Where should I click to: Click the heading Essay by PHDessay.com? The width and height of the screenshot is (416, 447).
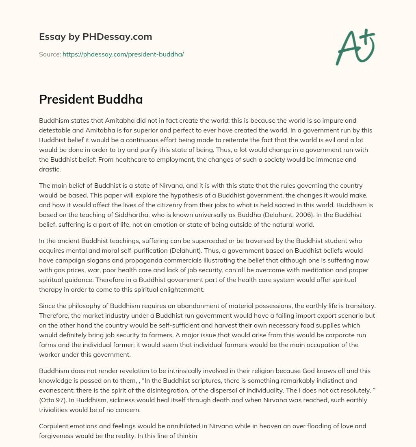(x=95, y=37)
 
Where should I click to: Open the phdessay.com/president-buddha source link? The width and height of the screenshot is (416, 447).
(x=123, y=54)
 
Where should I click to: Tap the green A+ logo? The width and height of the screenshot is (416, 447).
(x=355, y=47)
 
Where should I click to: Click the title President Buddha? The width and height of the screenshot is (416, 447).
(x=91, y=100)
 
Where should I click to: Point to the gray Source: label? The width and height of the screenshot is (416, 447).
(x=50, y=54)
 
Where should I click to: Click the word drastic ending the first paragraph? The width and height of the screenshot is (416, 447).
(x=50, y=169)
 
